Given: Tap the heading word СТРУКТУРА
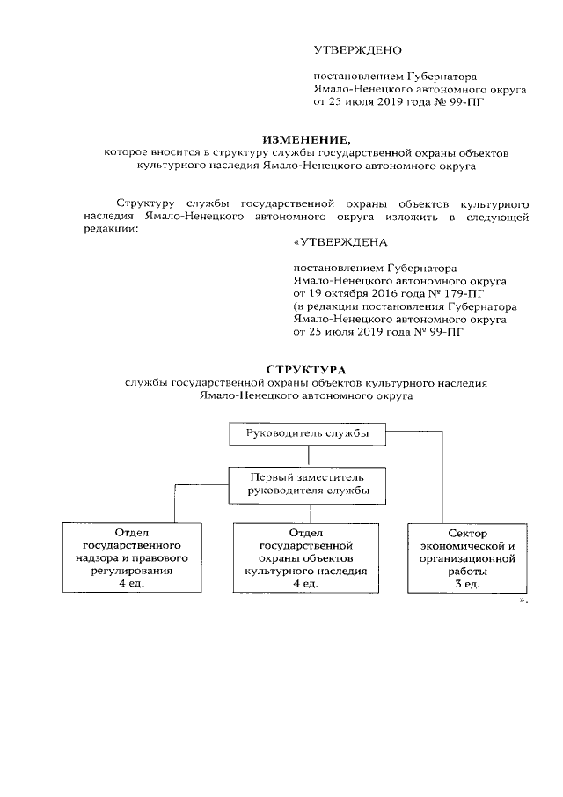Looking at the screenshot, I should click(x=306, y=369).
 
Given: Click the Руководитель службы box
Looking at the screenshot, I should click(x=307, y=433).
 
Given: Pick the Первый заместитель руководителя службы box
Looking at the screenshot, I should click(x=307, y=484).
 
